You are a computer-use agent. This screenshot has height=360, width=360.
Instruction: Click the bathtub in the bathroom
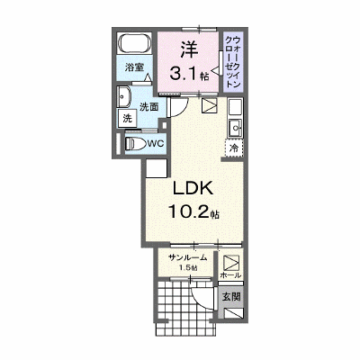click(x=134, y=43)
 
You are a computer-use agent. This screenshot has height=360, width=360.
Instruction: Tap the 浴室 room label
click(x=133, y=67)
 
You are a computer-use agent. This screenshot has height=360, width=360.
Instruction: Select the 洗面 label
click(x=149, y=107)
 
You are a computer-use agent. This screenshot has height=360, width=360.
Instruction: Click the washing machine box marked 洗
click(x=128, y=118)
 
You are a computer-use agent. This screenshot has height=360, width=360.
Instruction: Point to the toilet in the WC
click(x=135, y=144)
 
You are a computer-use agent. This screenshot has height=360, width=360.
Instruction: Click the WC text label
click(x=156, y=144)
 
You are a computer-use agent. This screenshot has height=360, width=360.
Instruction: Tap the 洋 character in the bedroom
click(x=189, y=49)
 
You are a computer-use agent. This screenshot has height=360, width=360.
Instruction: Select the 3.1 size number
click(x=183, y=73)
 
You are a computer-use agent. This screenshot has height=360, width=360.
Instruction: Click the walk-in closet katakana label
click(x=233, y=62)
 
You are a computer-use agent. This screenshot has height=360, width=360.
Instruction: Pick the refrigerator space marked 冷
click(x=234, y=148)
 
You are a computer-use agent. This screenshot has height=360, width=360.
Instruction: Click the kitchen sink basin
click(x=235, y=128)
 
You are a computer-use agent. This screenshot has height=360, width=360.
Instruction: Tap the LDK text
click(x=193, y=189)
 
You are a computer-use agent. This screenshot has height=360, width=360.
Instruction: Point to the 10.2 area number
click(x=188, y=211)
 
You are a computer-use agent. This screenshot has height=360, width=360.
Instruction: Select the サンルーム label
click(x=188, y=257)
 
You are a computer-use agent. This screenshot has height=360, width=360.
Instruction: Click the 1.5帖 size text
click(x=188, y=268)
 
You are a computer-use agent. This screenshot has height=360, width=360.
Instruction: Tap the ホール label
click(x=230, y=275)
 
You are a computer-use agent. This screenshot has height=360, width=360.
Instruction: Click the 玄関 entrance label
click(x=231, y=297)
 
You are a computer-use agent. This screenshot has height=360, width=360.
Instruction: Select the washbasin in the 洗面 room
click(x=124, y=97)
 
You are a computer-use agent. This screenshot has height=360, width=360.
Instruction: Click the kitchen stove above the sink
click(x=235, y=106)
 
